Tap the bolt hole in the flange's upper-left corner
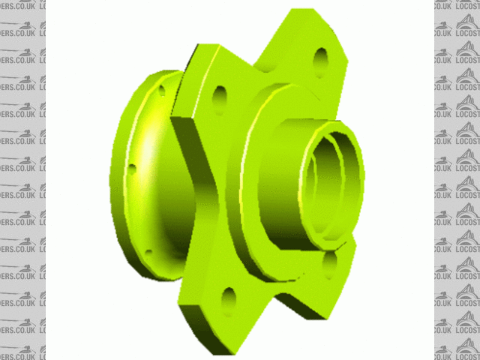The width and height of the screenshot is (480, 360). (220, 95)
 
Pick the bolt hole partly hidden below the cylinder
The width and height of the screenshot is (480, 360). (330, 264)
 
